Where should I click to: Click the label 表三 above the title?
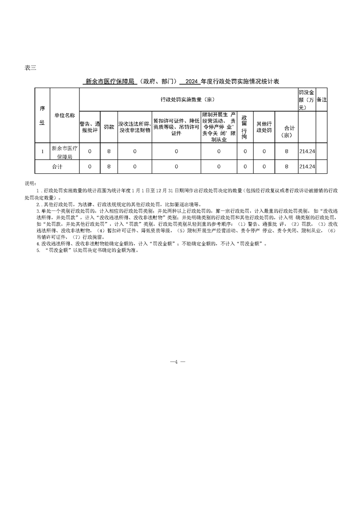click(30, 68)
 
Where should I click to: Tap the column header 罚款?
click(109, 127)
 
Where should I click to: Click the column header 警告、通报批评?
click(89, 127)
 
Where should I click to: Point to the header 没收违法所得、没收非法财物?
click(135, 127)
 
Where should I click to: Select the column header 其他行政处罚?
click(264, 127)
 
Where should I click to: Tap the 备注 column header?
click(321, 99)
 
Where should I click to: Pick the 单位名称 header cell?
click(64, 116)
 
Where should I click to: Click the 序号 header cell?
click(42, 116)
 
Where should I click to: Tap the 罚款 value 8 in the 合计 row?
click(109, 167)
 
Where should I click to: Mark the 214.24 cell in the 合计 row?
click(307, 167)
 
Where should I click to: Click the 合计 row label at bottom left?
click(57, 167)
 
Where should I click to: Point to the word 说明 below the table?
click(30, 184)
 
